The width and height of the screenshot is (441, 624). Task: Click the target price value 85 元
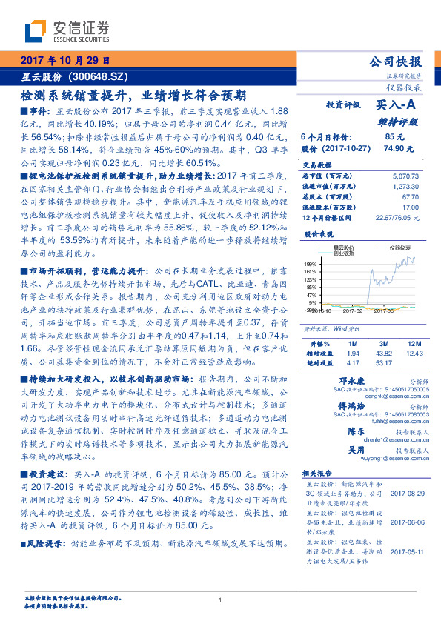pos(394,137)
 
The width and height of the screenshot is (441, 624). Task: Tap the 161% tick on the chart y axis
pos(311,272)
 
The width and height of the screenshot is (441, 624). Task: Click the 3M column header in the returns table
pos(383,344)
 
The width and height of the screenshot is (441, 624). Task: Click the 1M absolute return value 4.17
pos(353,362)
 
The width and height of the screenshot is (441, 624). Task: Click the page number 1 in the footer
pos(221,600)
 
